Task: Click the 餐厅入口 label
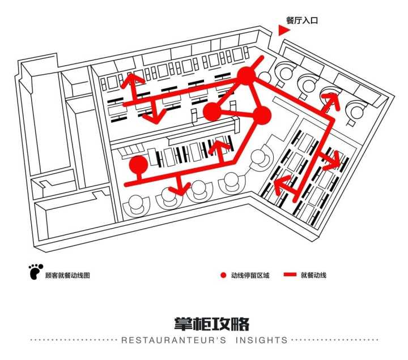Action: [x=302, y=20]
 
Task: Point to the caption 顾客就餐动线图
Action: [x=67, y=276]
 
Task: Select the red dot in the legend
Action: [x=223, y=276]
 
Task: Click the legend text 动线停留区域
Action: [x=250, y=276]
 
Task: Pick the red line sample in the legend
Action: [x=290, y=276]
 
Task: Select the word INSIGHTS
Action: [x=260, y=340]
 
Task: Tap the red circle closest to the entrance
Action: [x=246, y=76]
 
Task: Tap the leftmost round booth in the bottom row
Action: [x=138, y=203]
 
